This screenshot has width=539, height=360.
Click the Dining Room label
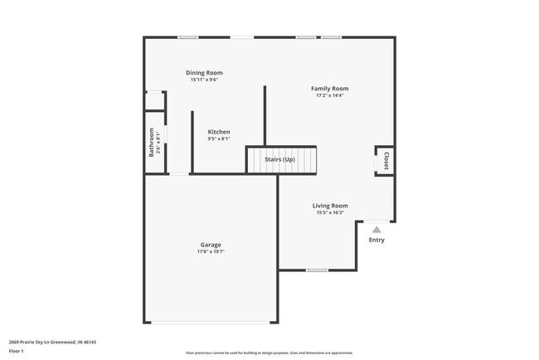click(x=204, y=73)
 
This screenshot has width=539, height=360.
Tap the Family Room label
click(x=329, y=89)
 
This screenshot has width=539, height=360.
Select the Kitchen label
click(x=219, y=132)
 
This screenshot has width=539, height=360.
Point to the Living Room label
click(x=330, y=206)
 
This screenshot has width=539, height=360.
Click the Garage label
click(x=211, y=245)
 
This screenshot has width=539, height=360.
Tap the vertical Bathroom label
click(x=152, y=142)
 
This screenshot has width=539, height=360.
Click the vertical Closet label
click(x=386, y=161)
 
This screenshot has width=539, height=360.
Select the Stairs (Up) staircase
click(x=282, y=159)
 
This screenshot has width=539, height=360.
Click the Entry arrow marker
click(x=376, y=230)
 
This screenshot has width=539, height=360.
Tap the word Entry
click(x=376, y=241)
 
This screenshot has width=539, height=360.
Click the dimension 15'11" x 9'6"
click(x=204, y=80)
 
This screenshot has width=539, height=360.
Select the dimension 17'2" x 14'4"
click(x=329, y=95)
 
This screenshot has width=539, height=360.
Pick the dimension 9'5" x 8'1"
click(x=219, y=139)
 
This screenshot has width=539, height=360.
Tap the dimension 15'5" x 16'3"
click(x=330, y=212)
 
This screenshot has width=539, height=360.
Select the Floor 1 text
click(x=17, y=351)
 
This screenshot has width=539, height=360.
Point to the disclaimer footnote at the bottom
click(x=269, y=353)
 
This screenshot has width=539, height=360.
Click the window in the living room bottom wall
click(x=317, y=270)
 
